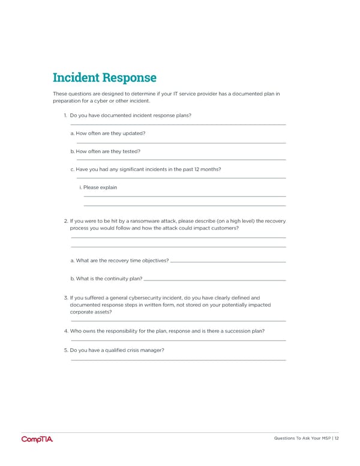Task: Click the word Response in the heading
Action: coord(128,78)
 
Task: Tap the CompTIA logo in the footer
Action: coord(37,439)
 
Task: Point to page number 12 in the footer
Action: coord(337,438)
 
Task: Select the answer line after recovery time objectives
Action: coord(228,262)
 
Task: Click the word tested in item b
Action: coord(131,151)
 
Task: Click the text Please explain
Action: coord(100,187)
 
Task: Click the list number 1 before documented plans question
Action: coord(65,115)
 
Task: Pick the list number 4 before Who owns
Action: coord(65,331)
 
